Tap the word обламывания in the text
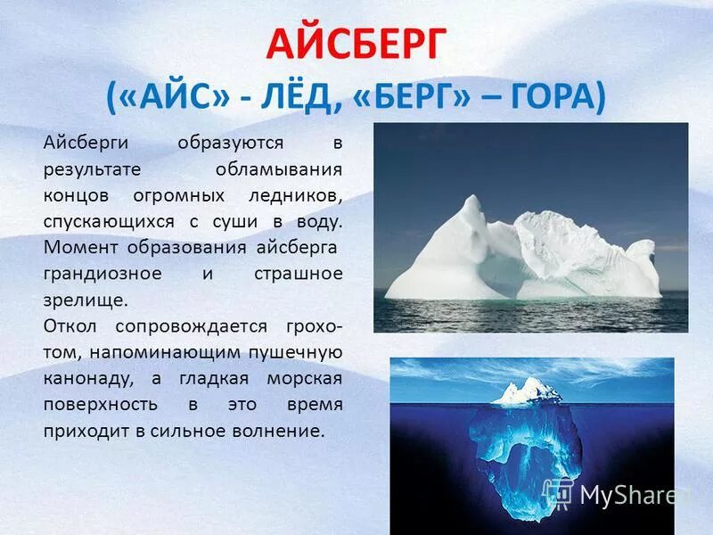click(279, 169)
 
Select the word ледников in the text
click(300, 194)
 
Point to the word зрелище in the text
click(85, 299)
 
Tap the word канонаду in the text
click(88, 378)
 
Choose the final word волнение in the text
click(283, 431)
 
